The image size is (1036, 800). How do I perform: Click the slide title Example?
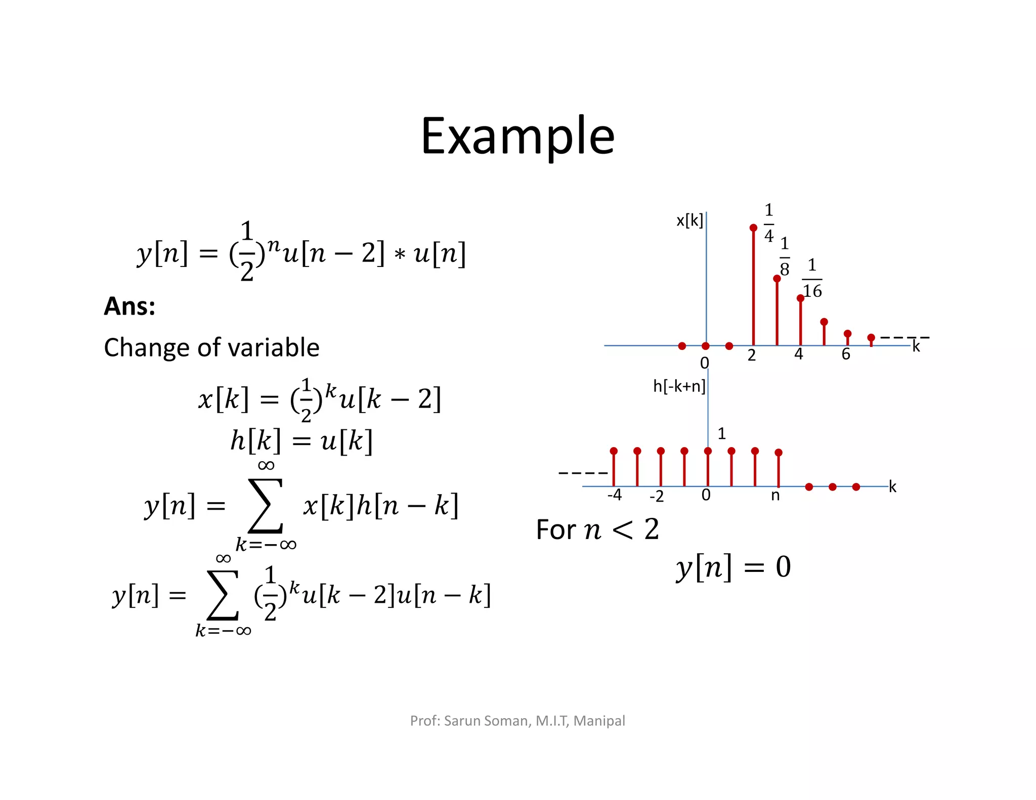(517, 136)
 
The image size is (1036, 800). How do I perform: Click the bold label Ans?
(129, 306)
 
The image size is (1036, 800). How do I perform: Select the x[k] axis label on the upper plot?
(689, 220)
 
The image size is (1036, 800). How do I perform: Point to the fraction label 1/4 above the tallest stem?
(768, 223)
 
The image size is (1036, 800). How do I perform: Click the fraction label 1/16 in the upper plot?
(812, 279)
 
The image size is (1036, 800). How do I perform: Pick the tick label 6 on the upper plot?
(846, 354)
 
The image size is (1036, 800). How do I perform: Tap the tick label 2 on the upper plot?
(752, 355)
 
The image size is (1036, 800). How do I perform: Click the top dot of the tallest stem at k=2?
(753, 228)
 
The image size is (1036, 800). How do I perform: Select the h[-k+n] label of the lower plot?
(679, 386)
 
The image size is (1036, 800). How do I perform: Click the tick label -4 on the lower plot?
(614, 495)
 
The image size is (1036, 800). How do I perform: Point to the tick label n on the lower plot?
(775, 496)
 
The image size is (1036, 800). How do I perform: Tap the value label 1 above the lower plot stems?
(722, 433)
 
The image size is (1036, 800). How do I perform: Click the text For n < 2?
(597, 529)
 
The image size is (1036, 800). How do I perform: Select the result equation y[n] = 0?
(733, 567)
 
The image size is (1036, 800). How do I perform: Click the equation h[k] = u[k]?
(301, 441)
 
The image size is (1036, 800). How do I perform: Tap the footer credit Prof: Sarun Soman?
(517, 721)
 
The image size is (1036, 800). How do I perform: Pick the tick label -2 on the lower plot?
(657, 497)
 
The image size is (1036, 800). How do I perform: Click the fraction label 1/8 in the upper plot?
(784, 256)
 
